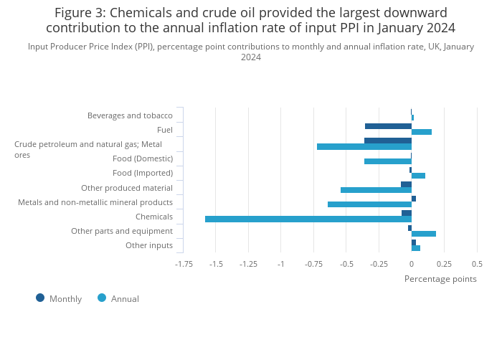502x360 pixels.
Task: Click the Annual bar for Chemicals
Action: pos(308,219)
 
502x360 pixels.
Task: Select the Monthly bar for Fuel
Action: pos(388,126)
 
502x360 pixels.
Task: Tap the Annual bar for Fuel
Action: pos(422,132)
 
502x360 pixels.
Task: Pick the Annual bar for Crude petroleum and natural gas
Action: pos(364,146)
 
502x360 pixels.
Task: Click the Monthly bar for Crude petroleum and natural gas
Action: pos(388,141)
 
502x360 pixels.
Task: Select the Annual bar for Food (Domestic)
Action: pos(388,161)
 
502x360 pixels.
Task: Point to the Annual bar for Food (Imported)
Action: pos(418,176)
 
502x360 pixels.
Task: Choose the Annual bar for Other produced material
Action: pos(376,190)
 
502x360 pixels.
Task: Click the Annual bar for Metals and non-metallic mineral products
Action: pos(369,204)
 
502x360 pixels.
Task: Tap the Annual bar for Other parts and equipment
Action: pos(424,234)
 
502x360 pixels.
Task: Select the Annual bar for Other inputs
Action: pos(416,248)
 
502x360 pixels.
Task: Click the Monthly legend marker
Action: pos(40,298)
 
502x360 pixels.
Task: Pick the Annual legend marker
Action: pos(102,298)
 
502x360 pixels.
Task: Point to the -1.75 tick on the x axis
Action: pos(184,264)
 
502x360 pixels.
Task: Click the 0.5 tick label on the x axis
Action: pos(477,264)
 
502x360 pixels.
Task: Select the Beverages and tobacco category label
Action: pos(130,115)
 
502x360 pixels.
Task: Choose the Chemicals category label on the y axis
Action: pos(154,217)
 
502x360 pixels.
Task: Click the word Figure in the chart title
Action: pos(75,13)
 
